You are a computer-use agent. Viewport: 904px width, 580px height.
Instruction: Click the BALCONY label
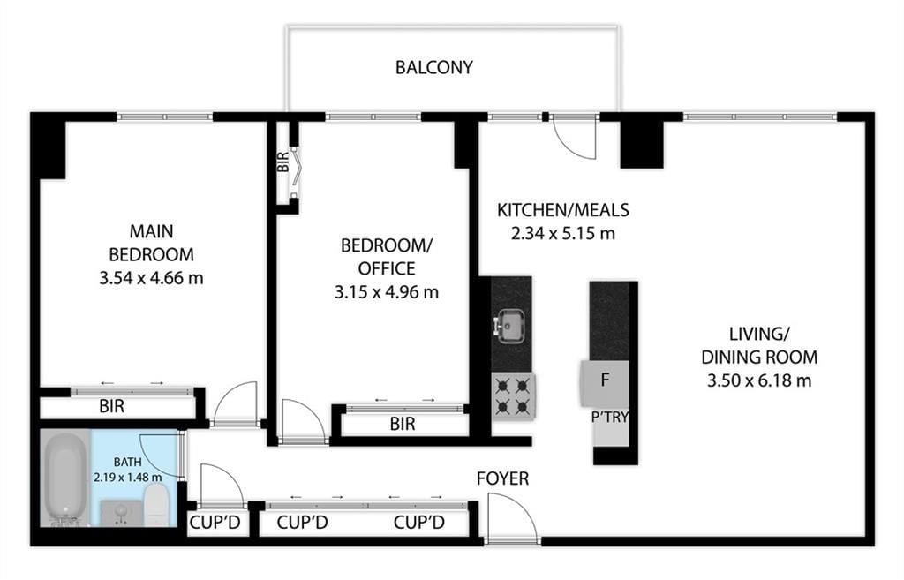pos(433,67)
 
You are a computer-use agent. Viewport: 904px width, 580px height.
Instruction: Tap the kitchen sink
pos(510,326)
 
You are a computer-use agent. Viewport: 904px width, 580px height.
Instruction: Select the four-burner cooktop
pos(513,395)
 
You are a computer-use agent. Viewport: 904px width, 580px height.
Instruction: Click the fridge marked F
pos(605,380)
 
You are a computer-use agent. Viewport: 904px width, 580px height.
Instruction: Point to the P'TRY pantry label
pos(610,416)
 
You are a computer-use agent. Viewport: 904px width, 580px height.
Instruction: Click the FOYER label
pos(502,478)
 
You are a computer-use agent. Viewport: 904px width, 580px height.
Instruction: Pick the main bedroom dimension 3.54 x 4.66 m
pos(153,278)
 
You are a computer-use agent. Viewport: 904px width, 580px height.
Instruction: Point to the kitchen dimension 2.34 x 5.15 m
pos(562,234)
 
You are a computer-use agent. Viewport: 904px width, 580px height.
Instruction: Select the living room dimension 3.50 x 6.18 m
pos(758,380)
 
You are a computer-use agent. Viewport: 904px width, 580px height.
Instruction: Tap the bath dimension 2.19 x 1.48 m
pos(129,477)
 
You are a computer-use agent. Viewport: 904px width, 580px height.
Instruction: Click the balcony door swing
pos(574,138)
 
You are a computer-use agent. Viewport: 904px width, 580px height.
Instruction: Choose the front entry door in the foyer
pos(511,517)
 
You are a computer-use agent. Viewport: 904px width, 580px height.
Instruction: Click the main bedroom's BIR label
pos(111,408)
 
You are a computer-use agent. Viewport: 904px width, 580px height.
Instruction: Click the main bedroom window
pos(165,116)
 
